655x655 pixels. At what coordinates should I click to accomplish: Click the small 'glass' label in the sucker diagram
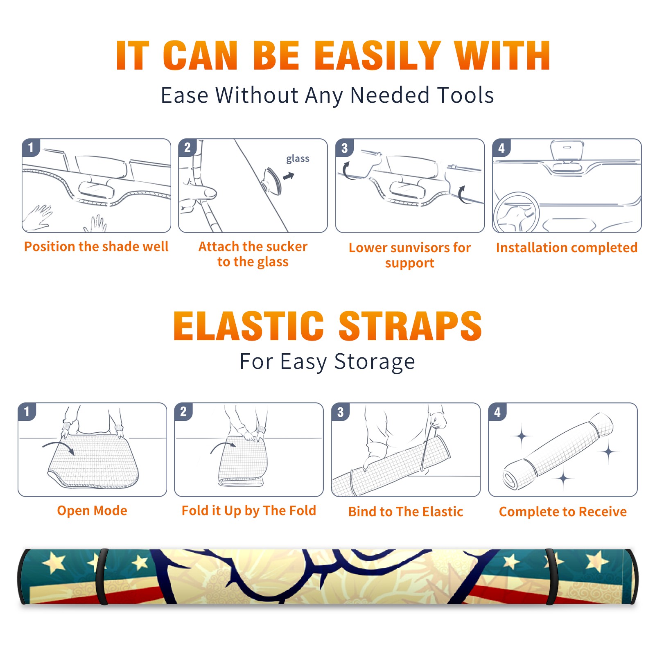click(x=298, y=159)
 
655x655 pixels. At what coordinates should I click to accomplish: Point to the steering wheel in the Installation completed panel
click(x=516, y=212)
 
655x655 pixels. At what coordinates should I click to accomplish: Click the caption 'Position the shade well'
click(x=96, y=246)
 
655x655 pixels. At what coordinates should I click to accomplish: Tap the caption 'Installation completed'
click(x=567, y=247)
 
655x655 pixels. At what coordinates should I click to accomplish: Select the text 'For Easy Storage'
click(x=327, y=362)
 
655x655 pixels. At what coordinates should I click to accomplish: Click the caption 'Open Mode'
click(x=92, y=510)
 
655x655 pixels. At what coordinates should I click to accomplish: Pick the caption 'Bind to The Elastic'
click(x=406, y=511)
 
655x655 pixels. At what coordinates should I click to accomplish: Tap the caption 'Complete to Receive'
click(x=563, y=511)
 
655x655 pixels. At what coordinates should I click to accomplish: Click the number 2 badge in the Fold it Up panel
click(x=183, y=411)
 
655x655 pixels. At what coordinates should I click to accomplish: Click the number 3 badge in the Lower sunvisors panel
click(x=344, y=148)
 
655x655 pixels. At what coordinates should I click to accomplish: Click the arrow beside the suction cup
click(x=289, y=176)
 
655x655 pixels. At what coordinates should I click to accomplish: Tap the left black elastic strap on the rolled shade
click(x=102, y=577)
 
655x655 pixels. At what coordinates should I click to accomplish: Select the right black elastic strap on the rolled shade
click(x=551, y=577)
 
